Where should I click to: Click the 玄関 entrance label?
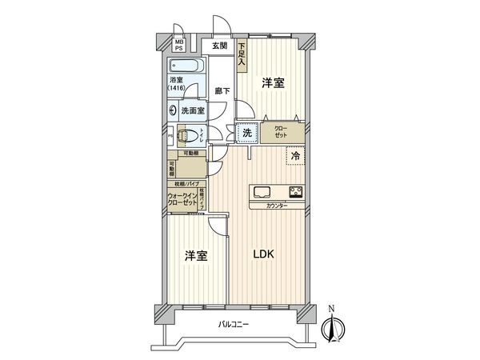[219, 47]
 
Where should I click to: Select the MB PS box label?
[179, 44]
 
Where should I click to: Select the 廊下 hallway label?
[222, 90]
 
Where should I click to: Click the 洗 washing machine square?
[247, 134]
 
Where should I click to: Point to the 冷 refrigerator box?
[295, 157]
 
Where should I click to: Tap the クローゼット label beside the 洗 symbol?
[283, 132]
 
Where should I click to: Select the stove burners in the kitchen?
[295, 192]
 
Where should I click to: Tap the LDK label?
[264, 254]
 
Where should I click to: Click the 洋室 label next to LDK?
[196, 255]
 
